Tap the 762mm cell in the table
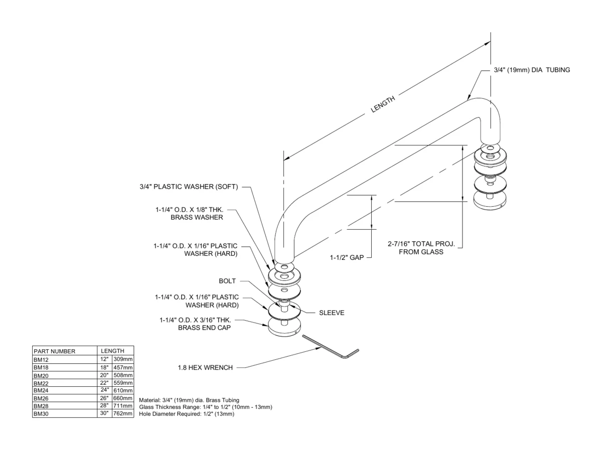tap(123, 413)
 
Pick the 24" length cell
tap(104, 390)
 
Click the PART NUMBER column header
tap(54, 351)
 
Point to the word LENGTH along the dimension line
tap(383, 104)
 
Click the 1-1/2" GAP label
tap(347, 257)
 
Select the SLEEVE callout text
tap(332, 313)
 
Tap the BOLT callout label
tap(227, 281)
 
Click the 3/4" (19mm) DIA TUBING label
tap(532, 70)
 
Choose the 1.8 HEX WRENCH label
tap(205, 367)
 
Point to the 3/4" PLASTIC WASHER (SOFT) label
tap(189, 187)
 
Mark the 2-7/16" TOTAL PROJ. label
tap(421, 244)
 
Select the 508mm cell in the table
tap(123, 375)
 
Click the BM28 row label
tap(41, 406)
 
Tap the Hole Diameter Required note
tap(187, 414)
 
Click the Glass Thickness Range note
tap(205, 407)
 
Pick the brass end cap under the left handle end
tap(284, 327)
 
